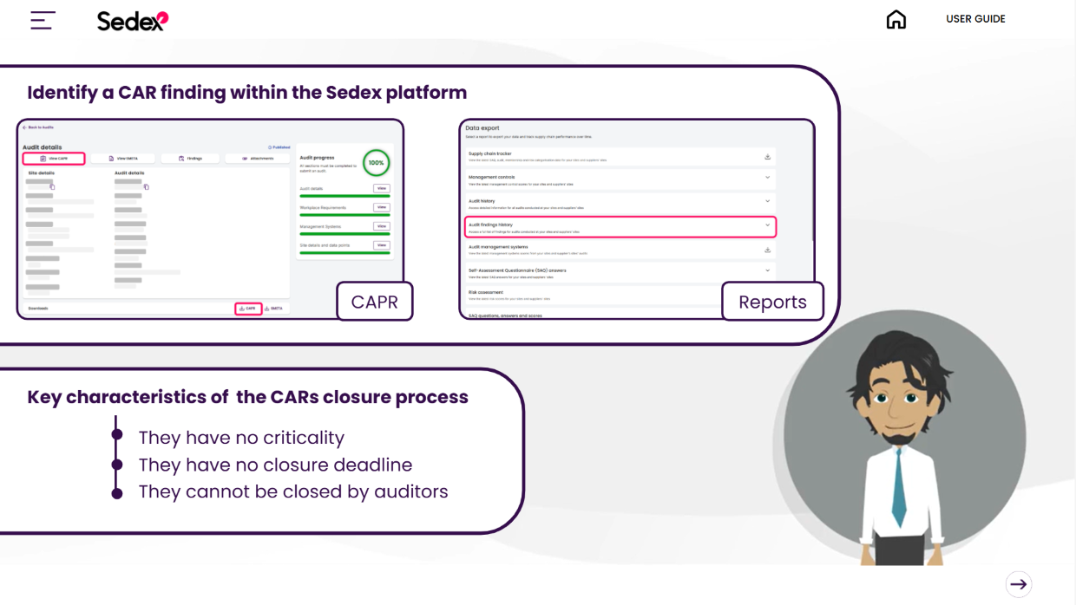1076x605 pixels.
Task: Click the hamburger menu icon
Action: point(43,20)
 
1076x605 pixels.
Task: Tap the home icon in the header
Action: point(896,20)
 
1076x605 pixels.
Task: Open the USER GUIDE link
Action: point(975,19)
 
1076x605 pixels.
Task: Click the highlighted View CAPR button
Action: point(54,159)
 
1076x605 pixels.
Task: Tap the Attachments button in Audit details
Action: point(258,159)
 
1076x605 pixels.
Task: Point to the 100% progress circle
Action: point(376,162)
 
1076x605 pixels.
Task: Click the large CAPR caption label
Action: point(375,302)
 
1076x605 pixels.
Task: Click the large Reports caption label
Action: point(772,302)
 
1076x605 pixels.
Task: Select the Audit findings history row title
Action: point(490,224)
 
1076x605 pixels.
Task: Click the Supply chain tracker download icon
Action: point(767,157)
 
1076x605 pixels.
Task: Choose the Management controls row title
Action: point(492,177)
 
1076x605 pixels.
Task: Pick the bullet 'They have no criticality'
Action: point(241,438)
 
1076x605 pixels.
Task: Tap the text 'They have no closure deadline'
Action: point(275,465)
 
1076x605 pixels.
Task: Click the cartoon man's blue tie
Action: point(899,490)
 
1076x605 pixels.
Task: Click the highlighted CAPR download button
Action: point(248,309)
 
